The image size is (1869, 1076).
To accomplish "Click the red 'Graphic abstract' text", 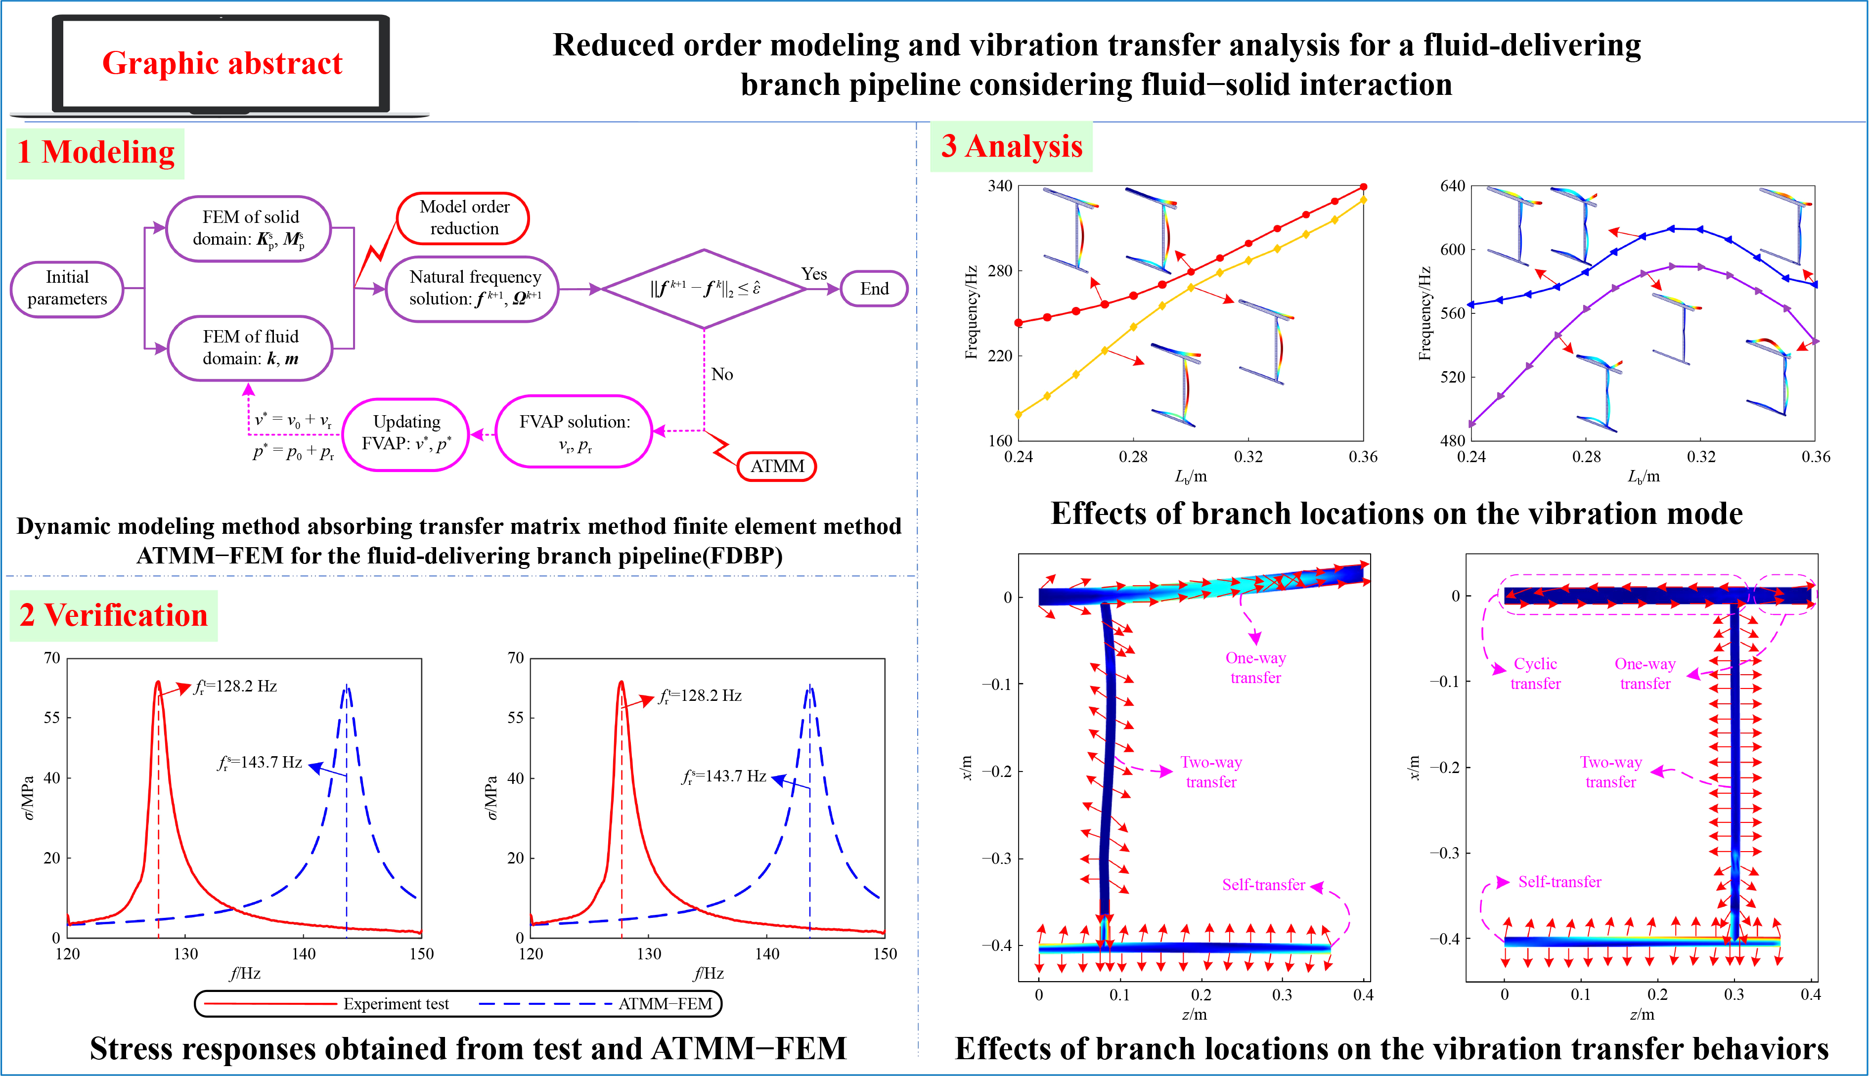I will [x=222, y=64].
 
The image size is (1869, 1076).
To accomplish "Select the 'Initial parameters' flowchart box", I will [x=67, y=288].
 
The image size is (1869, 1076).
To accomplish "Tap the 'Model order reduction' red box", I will [x=464, y=218].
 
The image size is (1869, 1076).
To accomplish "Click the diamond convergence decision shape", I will [x=704, y=289].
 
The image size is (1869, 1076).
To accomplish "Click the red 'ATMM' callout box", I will [x=777, y=466].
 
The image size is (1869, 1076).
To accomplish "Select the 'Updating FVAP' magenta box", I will [x=406, y=433].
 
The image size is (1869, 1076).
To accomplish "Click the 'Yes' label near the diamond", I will [x=814, y=274].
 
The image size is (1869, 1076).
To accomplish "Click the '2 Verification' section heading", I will [x=114, y=615].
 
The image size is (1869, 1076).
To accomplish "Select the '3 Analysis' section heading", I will [x=1012, y=146].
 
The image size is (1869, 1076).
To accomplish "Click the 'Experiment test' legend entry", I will [x=396, y=1003].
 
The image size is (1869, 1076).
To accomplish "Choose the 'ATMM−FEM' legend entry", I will [x=665, y=1003].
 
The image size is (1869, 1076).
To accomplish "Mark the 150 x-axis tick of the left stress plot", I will [x=421, y=954].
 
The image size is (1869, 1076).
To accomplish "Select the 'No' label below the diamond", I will [x=722, y=375].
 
